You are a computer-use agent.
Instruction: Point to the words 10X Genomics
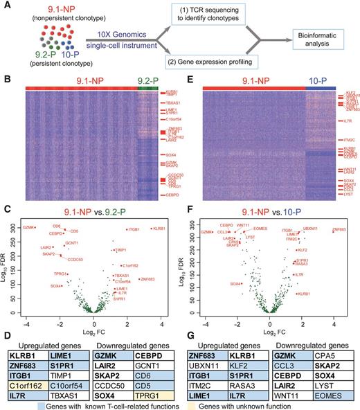point(102,31)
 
